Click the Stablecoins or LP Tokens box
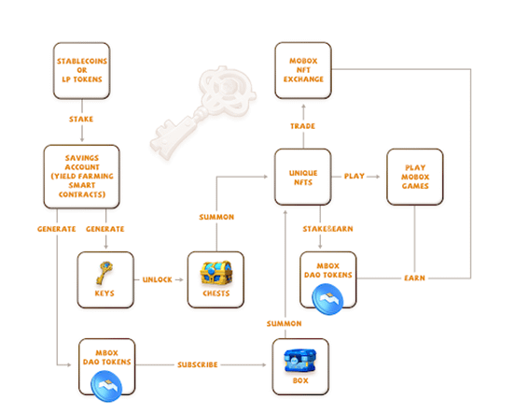click(x=81, y=71)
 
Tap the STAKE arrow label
click(x=81, y=119)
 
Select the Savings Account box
click(x=81, y=177)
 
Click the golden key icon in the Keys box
click(x=104, y=273)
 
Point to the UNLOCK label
click(x=158, y=279)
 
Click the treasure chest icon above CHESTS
click(x=216, y=273)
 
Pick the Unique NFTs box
click(x=303, y=177)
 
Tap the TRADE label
click(x=302, y=126)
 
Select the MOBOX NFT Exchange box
click(x=303, y=70)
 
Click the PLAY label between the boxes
click(x=354, y=177)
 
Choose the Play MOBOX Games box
click(x=415, y=177)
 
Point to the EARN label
click(x=415, y=278)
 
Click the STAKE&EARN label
click(x=327, y=229)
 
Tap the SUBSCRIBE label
click(x=198, y=364)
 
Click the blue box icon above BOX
click(x=300, y=361)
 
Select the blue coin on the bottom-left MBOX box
click(x=106, y=386)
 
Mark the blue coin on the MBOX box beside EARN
click(x=327, y=299)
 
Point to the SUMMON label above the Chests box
click(x=216, y=217)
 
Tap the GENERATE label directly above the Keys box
click(x=105, y=229)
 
